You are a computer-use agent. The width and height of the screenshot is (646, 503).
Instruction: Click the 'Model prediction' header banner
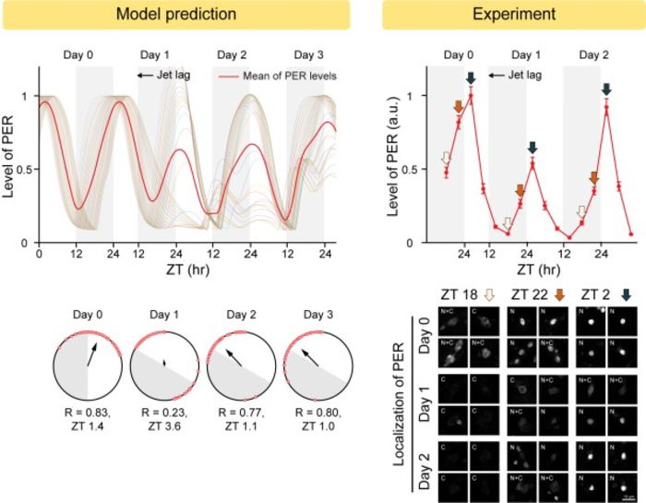coord(174,15)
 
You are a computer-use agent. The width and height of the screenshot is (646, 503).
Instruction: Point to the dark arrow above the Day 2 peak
coord(606,90)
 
